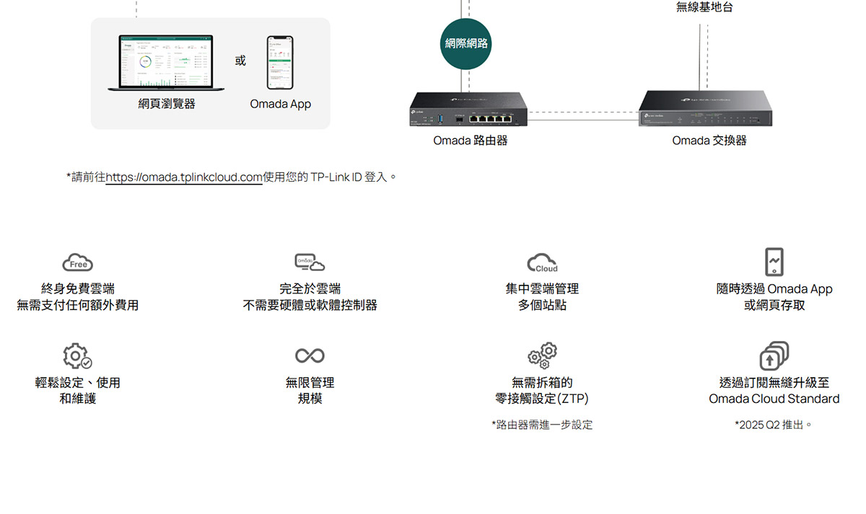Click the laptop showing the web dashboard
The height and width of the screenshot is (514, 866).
pos(166,63)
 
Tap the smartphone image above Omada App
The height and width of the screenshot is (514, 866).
pos(280,63)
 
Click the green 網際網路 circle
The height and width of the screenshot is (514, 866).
pos(465,43)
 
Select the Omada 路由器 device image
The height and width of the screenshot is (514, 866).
pos(468,111)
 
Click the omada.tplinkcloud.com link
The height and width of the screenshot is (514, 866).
pos(184,177)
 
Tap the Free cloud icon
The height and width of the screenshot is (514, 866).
pos(78,263)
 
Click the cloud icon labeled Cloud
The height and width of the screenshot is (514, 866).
pos(542,263)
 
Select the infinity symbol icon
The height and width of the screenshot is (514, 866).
pos(310,355)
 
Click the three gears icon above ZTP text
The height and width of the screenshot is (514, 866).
pos(543,355)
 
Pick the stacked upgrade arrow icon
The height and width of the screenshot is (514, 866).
pos(774,356)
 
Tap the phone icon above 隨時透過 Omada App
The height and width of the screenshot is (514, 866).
pos(774,262)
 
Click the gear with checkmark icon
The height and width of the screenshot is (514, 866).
pos(77,356)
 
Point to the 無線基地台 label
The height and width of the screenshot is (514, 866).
pos(704,7)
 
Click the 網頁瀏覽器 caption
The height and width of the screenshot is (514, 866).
pos(167,104)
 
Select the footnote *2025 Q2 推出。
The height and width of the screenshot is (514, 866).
pos(774,425)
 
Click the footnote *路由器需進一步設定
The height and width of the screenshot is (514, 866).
pos(542,425)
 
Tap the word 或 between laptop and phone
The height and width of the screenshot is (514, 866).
pos(240,61)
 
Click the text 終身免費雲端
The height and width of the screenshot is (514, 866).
pos(78,289)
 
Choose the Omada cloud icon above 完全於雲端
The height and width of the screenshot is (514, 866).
pos(310,262)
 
